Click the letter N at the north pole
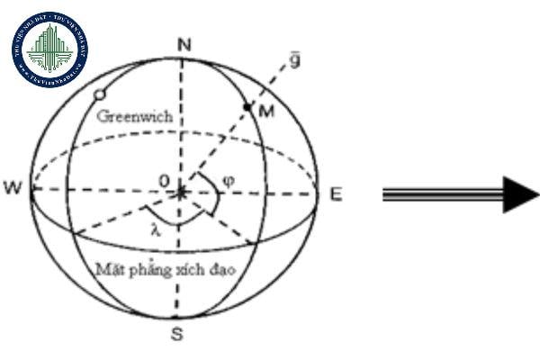tap(184, 45)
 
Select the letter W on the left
tap(13, 189)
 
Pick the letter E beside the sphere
tap(335, 193)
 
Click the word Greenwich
tap(135, 118)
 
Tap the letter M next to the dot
tap(265, 111)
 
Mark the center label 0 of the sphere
tap(164, 182)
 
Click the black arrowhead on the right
tap(520, 193)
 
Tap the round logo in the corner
tap(49, 49)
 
